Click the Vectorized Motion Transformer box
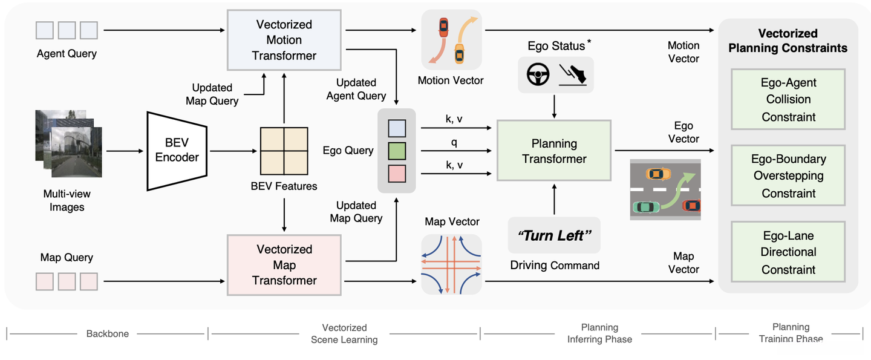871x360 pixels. (284, 41)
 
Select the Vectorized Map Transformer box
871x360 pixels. (284, 265)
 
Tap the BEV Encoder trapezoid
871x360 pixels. (177, 150)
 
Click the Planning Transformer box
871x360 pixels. (554, 151)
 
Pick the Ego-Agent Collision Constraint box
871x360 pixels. (788, 99)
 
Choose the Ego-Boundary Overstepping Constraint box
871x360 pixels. (788, 176)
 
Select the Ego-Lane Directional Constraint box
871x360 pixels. (788, 252)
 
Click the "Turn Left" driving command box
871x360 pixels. (554, 235)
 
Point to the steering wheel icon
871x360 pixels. (538, 75)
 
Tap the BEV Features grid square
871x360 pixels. (284, 151)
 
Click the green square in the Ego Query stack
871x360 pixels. (397, 151)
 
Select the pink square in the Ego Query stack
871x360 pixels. (397, 173)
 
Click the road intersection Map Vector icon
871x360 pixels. (452, 264)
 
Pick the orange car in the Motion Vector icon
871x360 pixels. (444, 27)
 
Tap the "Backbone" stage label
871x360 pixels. (107, 333)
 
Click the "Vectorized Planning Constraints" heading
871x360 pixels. (788, 41)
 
